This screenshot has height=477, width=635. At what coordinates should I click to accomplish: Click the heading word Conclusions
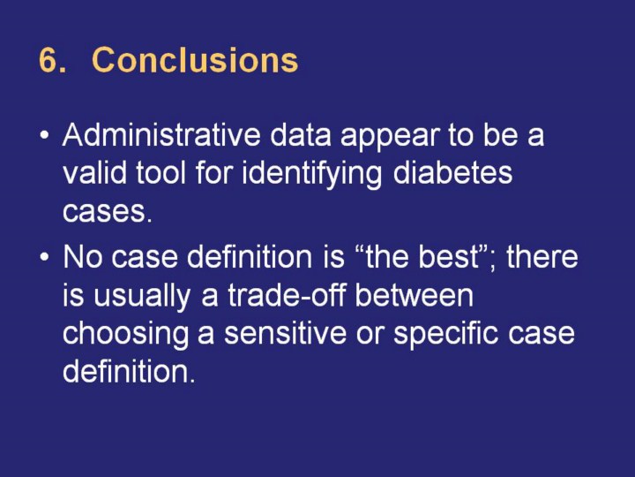point(195,60)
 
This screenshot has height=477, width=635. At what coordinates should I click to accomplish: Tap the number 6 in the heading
point(48,60)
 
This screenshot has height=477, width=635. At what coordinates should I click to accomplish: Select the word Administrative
point(161,135)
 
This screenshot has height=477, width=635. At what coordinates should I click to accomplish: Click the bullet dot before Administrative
point(45,134)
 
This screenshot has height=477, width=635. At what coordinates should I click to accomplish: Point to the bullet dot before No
point(45,257)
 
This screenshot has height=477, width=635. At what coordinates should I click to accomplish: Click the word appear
point(391,138)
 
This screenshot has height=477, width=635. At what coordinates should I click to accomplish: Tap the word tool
point(161,173)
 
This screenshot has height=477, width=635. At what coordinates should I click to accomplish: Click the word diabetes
point(452,173)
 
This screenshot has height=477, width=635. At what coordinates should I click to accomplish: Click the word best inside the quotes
point(449,257)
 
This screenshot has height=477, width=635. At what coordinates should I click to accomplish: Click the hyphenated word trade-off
point(287,295)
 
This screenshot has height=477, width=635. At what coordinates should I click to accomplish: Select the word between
point(415,295)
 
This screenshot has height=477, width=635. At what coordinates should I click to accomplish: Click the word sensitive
point(285,334)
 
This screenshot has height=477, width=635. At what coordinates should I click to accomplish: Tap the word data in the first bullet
point(301,135)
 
